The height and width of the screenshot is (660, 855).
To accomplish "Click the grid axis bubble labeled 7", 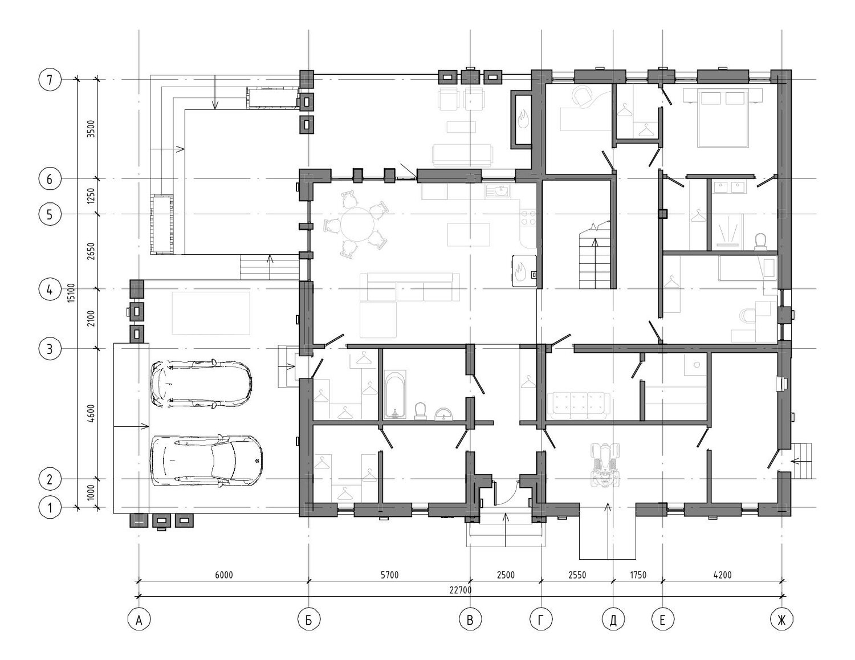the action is click(50, 80).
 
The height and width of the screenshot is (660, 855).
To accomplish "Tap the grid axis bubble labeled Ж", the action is click(781, 620).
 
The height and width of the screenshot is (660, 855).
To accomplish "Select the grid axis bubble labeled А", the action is click(139, 620).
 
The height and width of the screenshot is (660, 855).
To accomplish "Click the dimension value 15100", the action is click(71, 293).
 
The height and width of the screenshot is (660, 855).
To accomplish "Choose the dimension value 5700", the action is click(389, 575).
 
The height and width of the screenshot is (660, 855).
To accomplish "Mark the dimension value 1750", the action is click(638, 575).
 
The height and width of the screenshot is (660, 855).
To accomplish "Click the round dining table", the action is click(359, 225).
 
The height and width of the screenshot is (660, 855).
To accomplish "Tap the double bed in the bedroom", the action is click(723, 118).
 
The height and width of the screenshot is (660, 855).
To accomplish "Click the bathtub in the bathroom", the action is click(394, 394).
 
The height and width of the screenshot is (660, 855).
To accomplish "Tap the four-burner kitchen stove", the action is click(528, 218).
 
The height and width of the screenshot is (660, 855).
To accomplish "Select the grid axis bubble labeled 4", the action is click(50, 290).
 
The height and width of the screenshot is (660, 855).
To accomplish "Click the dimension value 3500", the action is click(91, 129).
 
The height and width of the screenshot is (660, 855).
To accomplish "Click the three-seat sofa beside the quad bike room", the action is click(578, 406).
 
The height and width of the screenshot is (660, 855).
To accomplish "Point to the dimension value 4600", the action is click(91, 414).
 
